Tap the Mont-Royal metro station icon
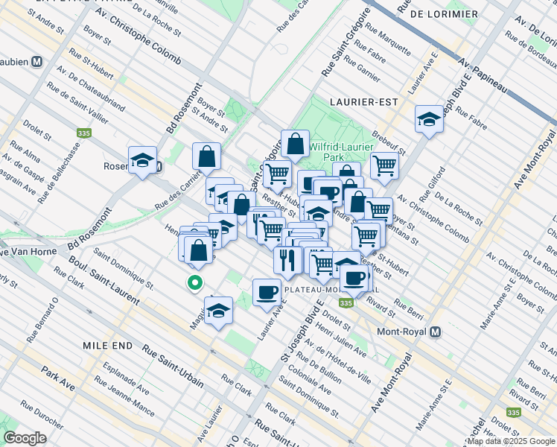point(436,332)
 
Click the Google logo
point(25,438)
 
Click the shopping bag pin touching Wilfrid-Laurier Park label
point(296,144)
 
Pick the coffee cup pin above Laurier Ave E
point(266,291)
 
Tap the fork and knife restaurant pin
point(286,260)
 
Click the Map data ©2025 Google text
point(511,441)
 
